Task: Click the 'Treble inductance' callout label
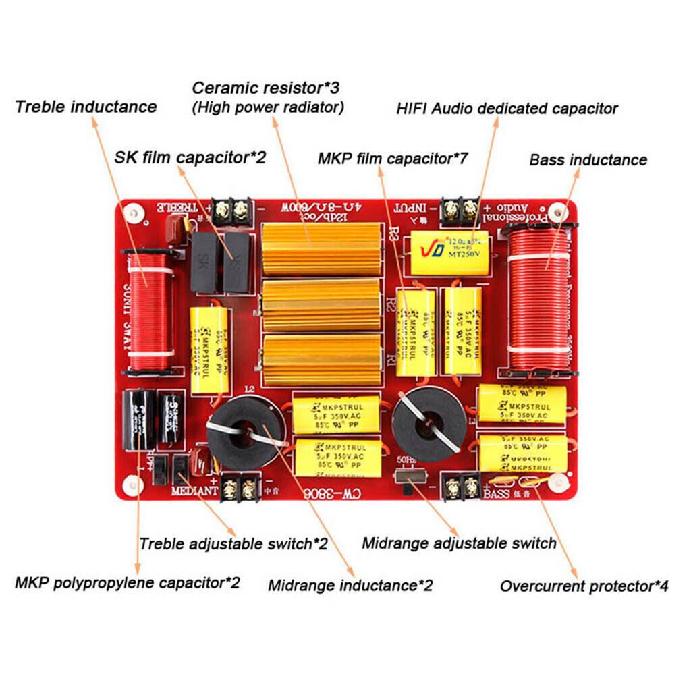(x=86, y=107)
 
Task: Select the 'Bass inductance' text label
(x=588, y=160)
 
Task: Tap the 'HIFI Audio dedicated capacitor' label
(x=506, y=108)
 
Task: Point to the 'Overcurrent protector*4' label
(x=584, y=586)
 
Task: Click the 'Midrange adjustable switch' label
(x=459, y=543)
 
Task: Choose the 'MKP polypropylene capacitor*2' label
(x=127, y=582)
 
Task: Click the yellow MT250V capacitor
(x=449, y=252)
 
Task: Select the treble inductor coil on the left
(x=150, y=312)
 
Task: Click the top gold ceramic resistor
(x=321, y=249)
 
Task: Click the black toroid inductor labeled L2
(x=243, y=432)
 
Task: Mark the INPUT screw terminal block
(x=460, y=211)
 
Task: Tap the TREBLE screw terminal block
(x=231, y=212)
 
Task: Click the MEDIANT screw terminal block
(x=241, y=486)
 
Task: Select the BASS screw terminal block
(x=461, y=486)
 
